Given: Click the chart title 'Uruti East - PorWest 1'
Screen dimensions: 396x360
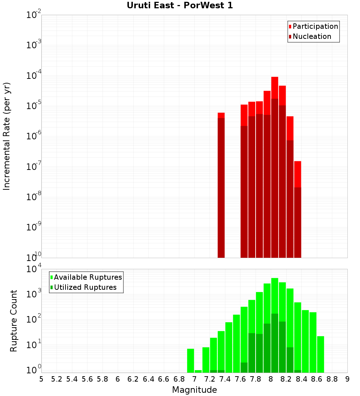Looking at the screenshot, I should click(180, 5).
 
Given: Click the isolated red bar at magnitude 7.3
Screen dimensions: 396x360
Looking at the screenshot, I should click(221, 180).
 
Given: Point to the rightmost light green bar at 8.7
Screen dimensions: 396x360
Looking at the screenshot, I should click(320, 355).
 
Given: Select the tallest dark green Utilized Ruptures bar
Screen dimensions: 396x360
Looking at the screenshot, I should click(275, 342).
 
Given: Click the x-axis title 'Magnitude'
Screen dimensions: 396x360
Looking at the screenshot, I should click(194, 390).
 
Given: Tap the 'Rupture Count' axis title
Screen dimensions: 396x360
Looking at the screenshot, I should click(14, 320).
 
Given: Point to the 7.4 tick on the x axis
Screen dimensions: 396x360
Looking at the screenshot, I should click(225, 379).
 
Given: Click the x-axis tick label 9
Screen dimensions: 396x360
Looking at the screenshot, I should click(347, 379).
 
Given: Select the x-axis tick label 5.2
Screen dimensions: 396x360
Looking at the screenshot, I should click(57, 379).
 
